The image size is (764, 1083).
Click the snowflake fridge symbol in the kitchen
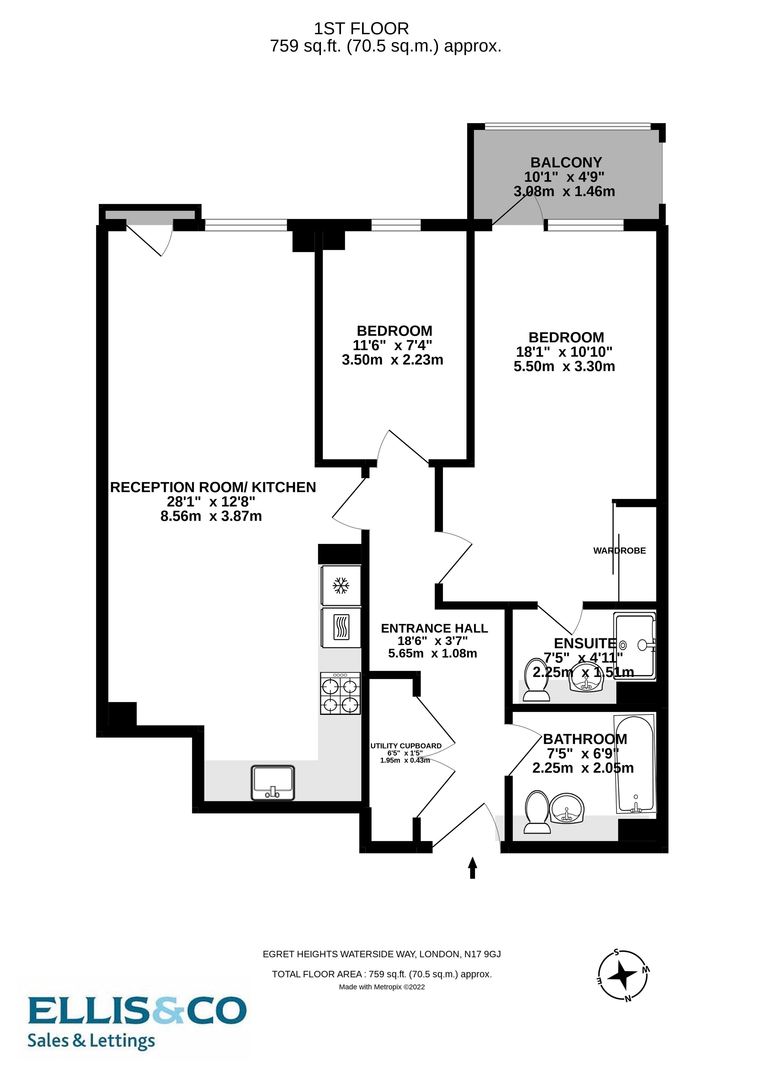341,586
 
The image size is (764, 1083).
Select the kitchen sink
273,782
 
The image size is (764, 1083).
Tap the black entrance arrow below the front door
472,868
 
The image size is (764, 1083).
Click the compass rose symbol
623,975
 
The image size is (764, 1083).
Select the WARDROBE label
619,551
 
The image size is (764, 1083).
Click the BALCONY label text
566,162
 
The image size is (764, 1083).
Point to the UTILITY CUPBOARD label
406,746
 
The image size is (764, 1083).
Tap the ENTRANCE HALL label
434,628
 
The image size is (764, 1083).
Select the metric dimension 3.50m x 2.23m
392,360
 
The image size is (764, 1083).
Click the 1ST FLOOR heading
362,29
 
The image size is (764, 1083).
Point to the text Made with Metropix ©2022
382,987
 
